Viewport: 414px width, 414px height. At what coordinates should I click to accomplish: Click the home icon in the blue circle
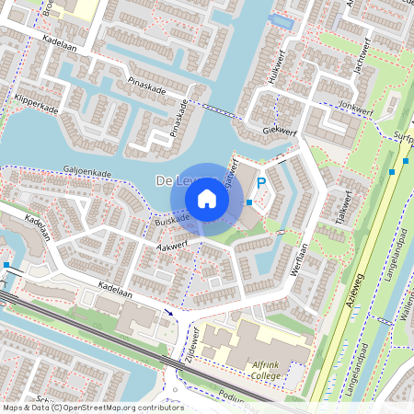click(207, 199)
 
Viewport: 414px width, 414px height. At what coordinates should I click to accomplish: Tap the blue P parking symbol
click(261, 184)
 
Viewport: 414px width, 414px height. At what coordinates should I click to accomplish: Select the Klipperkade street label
click(37, 102)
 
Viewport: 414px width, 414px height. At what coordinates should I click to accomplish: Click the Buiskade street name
click(171, 222)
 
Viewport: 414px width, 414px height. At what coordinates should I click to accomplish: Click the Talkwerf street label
click(346, 206)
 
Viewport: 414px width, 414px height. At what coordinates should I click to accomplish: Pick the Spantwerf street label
click(234, 174)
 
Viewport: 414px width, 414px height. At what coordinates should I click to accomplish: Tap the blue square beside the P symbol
click(248, 201)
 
